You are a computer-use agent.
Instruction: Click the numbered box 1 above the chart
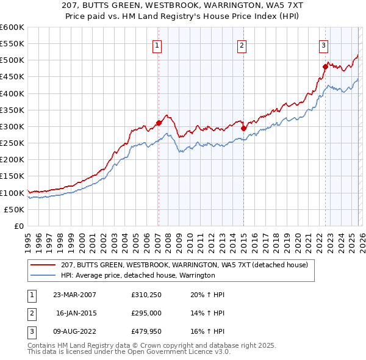coord(157,45)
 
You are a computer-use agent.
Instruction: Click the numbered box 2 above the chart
coord(242,45)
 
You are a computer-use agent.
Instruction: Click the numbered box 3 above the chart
coord(324,45)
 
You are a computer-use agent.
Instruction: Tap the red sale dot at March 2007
coord(159,123)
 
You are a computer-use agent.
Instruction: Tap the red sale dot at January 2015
coord(243,128)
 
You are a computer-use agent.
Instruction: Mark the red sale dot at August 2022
coord(325,67)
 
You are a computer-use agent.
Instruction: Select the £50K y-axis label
coord(14,209)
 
